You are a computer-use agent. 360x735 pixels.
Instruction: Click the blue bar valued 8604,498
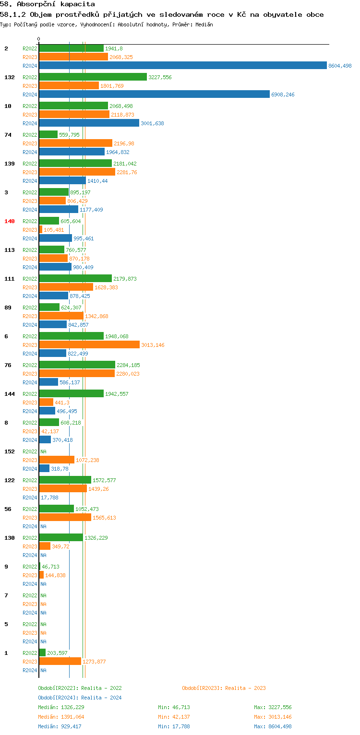point(182,66)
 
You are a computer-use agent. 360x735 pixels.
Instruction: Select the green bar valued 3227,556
point(93,77)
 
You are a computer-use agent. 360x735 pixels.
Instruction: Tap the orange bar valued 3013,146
point(89,345)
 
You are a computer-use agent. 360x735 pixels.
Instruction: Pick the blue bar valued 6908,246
point(154,95)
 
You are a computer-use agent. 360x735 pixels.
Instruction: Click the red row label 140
point(10,221)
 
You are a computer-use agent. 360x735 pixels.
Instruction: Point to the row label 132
point(10,77)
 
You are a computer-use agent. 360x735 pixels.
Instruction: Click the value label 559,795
point(69,135)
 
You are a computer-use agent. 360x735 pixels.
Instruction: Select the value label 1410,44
point(97,181)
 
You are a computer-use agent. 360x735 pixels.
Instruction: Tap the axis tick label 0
point(39,39)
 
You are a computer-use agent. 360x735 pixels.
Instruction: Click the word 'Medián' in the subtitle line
point(204,24)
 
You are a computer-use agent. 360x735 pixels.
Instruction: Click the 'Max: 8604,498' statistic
point(273,726)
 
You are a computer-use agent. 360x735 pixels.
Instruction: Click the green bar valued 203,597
point(42,653)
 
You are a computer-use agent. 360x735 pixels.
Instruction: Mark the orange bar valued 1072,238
point(57,460)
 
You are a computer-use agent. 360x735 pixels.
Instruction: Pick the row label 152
point(10,451)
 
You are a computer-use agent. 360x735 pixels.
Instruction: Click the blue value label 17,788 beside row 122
point(49,498)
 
